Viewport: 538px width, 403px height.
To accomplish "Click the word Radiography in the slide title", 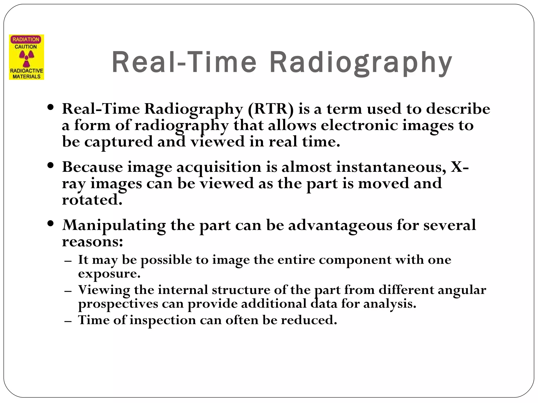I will tap(360, 63).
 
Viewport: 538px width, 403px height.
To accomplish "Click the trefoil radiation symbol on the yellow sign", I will tap(27, 58).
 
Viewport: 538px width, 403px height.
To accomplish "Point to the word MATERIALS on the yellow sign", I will tap(27, 76).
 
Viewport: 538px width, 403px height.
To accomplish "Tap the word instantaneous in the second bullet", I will tap(391, 167).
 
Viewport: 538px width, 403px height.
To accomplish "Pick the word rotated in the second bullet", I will tap(92, 200).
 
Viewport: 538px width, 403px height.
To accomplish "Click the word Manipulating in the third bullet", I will tap(114, 225).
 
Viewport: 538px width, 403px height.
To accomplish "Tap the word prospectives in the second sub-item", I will tap(118, 304).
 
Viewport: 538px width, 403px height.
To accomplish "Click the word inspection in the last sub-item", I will tap(163, 320).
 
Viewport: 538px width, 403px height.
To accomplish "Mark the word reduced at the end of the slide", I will tap(309, 320).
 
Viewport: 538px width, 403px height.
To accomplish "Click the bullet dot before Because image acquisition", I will tap(51, 166).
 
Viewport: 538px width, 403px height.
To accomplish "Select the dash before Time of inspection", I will tap(68, 321).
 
